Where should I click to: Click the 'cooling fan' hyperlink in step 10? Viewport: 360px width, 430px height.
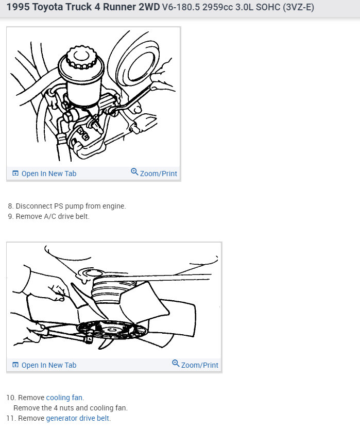point(64,398)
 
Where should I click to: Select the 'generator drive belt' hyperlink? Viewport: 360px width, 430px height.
point(78,418)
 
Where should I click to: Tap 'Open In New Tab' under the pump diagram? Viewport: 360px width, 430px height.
point(48,174)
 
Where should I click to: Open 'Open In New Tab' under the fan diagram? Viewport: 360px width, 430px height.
point(48,365)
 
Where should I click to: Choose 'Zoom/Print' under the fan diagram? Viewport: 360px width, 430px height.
point(199,365)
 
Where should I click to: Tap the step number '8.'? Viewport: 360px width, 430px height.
point(11,206)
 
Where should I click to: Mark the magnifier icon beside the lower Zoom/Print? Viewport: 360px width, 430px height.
point(176,364)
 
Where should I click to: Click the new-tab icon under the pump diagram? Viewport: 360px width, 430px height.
point(15,174)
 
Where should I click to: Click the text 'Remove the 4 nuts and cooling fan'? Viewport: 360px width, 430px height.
point(70,408)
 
